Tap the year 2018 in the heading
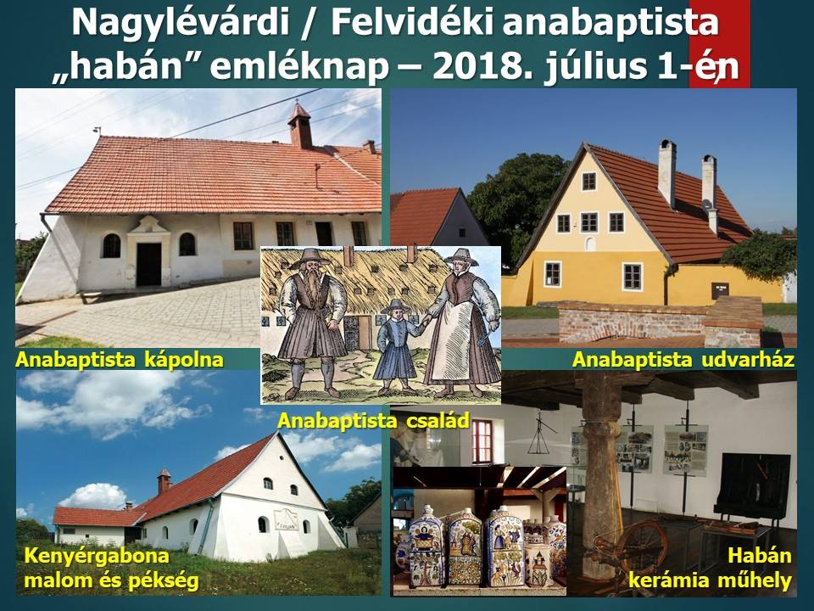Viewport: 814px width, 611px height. click(482, 66)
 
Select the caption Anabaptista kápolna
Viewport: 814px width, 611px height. click(120, 360)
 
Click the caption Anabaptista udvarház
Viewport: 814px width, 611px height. click(683, 360)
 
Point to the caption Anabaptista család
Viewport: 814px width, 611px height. click(374, 420)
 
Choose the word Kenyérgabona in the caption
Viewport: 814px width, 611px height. click(97, 556)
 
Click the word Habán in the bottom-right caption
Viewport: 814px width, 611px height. click(759, 556)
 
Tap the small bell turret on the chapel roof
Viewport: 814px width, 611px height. click(300, 126)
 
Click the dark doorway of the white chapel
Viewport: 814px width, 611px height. click(148, 264)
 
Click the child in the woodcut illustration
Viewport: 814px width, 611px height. click(397, 345)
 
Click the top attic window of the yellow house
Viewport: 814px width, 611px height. click(588, 182)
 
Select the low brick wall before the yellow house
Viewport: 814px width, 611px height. click(660, 323)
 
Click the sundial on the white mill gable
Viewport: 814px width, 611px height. click(286, 519)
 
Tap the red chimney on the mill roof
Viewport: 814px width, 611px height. click(164, 481)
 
